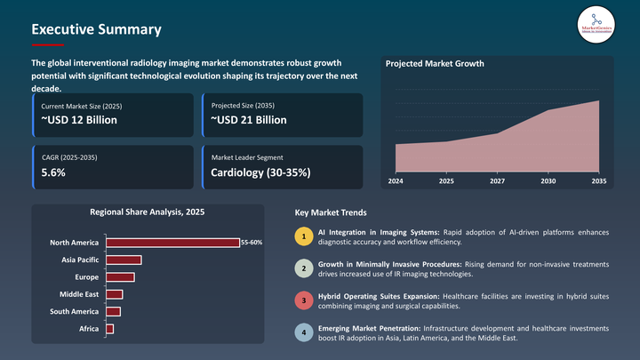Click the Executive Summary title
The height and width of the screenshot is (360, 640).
(x=96, y=29)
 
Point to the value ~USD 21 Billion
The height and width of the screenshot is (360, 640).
(x=249, y=120)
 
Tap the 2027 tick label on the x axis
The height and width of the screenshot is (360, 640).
(x=498, y=180)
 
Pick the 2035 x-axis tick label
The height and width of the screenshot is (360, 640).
(x=598, y=180)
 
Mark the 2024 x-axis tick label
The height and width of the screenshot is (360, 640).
(x=396, y=180)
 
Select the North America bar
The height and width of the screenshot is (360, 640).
(x=172, y=243)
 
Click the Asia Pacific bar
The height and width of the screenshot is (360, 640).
(x=124, y=260)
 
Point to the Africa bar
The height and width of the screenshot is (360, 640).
(x=109, y=329)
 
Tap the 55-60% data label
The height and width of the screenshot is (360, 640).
(x=252, y=243)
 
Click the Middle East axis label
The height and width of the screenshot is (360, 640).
(x=79, y=294)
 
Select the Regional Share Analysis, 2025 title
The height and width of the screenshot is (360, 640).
(x=148, y=212)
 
